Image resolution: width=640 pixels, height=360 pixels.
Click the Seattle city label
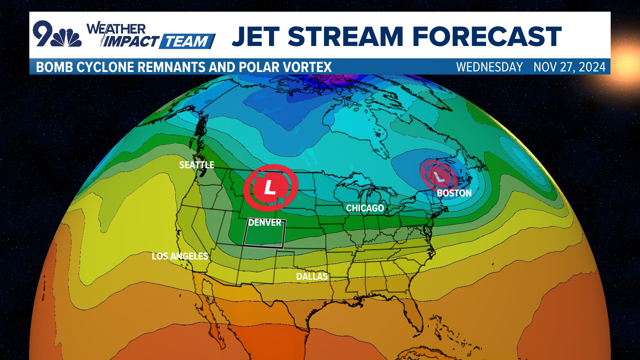[x=197, y=165]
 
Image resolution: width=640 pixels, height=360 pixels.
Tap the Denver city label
[x=265, y=223]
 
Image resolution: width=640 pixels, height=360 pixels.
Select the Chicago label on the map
[x=365, y=208]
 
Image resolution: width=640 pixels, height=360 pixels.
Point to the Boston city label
[x=454, y=193]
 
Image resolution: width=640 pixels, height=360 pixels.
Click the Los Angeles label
[x=180, y=256]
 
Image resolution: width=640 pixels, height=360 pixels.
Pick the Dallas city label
[x=312, y=277]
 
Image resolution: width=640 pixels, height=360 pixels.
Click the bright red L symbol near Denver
[x=270, y=188]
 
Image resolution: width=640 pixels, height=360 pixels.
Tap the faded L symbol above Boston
[x=439, y=177]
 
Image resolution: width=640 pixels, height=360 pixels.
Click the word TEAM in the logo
[x=187, y=42]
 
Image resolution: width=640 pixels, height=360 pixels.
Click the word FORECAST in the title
[x=487, y=37]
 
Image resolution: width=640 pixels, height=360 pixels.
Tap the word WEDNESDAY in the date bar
[x=489, y=67]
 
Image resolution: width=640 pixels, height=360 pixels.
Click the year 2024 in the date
[x=592, y=67]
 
